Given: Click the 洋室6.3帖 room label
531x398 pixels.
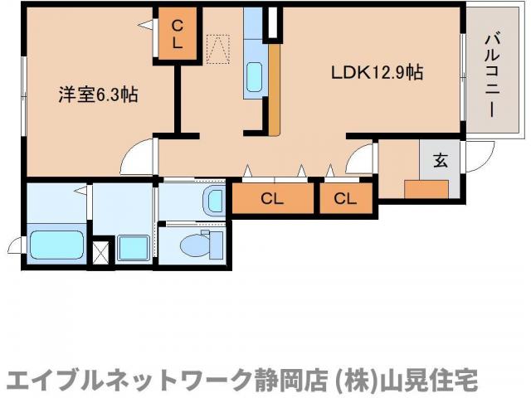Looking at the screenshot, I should (97, 95).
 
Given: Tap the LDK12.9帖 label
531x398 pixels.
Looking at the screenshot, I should (378, 73).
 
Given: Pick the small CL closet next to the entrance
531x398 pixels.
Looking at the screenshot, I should (346, 198).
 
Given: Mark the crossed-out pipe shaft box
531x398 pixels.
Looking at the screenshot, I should (101, 251).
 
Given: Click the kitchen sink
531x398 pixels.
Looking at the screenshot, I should (255, 78).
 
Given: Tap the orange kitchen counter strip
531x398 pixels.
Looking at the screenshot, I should (274, 87).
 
